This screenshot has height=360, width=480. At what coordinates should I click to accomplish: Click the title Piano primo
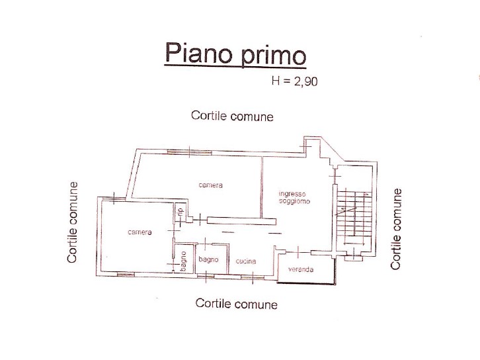pos(235,54)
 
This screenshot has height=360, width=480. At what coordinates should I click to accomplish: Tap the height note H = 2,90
pos(294,81)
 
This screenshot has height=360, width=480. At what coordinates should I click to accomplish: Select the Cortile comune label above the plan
pos(232,116)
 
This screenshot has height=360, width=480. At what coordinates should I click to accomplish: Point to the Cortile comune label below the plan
pos(236,304)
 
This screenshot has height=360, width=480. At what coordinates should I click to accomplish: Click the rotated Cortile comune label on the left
pos(72,222)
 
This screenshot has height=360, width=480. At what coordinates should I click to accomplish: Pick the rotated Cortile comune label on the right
pos(396,229)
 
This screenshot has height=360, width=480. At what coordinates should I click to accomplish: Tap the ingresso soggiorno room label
pos(294,198)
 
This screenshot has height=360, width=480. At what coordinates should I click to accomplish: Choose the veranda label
pos(301,269)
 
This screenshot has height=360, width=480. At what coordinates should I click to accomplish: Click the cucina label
pos(246,261)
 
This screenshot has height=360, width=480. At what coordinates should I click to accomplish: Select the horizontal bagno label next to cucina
pos(208,259)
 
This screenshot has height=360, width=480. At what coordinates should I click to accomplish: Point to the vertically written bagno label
pos(183,261)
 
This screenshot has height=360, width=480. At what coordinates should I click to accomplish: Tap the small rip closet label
pos(180,211)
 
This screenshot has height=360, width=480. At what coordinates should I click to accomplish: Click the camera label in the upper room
pos(211,185)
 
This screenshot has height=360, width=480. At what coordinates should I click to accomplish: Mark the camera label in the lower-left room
pos(140,232)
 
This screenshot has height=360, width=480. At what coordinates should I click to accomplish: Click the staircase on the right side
pos(354,217)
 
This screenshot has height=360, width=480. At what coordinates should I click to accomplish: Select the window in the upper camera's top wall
pos(190,152)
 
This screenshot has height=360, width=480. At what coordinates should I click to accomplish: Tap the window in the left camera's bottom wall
pos(126,275)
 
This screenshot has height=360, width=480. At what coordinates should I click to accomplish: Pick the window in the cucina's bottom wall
pos(253,277)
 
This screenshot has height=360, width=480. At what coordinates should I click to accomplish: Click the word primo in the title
pos(273,55)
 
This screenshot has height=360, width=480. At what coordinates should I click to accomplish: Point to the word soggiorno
pos(294,201)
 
